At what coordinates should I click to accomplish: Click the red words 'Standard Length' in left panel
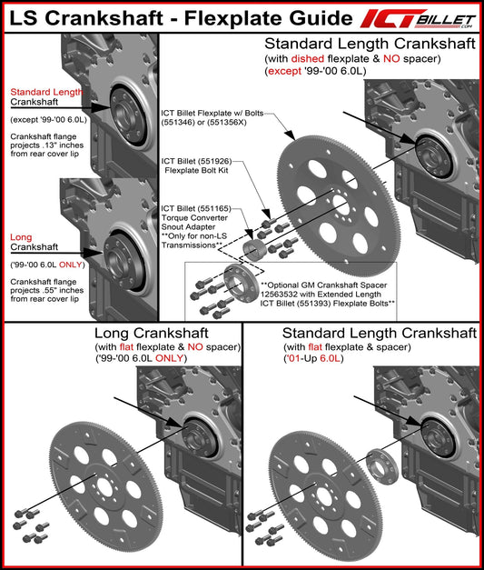(x=46, y=92)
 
